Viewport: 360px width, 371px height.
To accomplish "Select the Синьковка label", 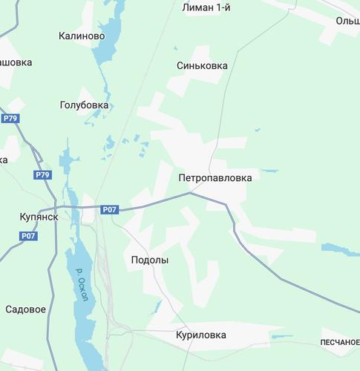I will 202,65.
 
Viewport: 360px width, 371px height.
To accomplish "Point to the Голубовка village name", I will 84,105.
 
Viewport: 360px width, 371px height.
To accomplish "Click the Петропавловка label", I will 215,178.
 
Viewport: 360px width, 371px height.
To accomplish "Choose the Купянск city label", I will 39,217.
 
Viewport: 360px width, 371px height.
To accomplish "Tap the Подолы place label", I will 149,260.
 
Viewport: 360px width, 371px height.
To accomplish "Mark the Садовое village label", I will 26,309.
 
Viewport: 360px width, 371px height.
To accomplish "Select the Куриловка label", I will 200,335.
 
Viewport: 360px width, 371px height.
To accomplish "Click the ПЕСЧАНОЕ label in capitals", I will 340,341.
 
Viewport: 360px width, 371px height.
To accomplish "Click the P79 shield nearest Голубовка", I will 10,118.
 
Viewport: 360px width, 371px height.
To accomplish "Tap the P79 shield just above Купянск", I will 43,175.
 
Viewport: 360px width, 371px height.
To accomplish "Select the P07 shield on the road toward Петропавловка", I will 110,209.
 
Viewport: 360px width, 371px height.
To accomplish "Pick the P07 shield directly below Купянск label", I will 28,236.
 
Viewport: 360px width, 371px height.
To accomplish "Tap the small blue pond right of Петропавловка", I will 269,171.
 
